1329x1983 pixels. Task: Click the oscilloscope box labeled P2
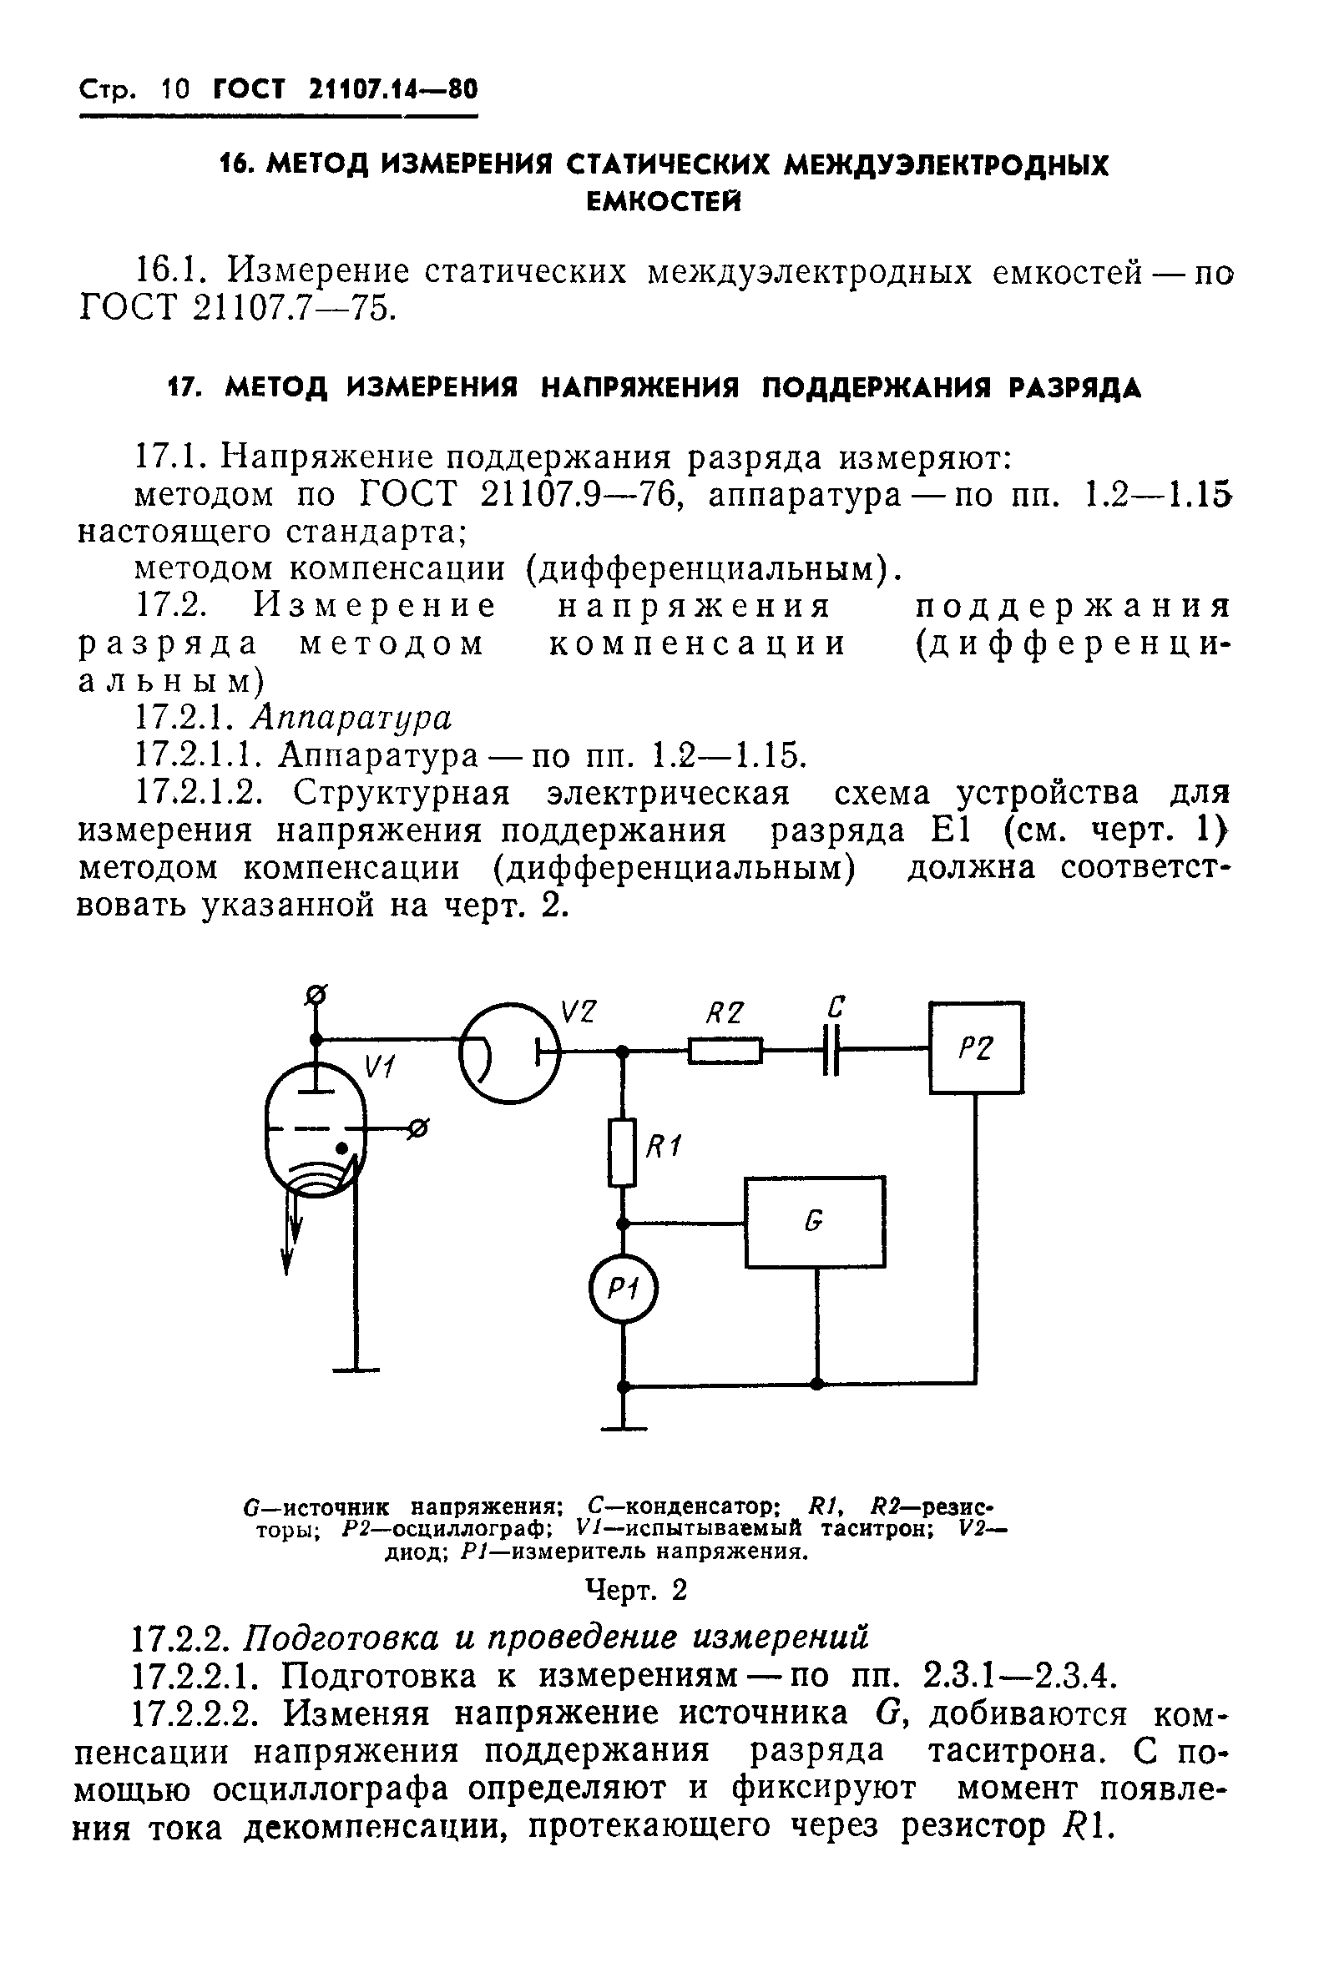click(x=977, y=1048)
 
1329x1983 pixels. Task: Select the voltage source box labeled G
click(x=815, y=1221)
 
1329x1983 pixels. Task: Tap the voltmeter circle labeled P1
click(x=624, y=1289)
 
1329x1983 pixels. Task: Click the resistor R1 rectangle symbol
click(x=623, y=1152)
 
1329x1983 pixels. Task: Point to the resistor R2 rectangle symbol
click(x=725, y=1052)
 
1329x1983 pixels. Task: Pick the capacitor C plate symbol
click(x=831, y=1052)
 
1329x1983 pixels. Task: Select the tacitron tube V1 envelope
click(x=316, y=1133)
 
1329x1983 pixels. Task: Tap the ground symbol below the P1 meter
click(x=624, y=1429)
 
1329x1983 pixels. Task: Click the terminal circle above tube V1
click(x=317, y=993)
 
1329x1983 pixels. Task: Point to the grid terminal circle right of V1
click(x=418, y=1128)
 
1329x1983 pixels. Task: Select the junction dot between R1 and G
click(x=624, y=1223)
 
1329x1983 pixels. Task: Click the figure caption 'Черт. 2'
click(x=636, y=1591)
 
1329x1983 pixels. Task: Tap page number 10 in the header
click(x=176, y=88)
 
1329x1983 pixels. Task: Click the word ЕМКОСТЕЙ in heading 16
click(x=664, y=202)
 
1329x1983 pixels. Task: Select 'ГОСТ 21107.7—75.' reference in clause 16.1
click(x=237, y=310)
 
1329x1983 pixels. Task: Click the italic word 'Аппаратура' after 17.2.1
click(x=351, y=718)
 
